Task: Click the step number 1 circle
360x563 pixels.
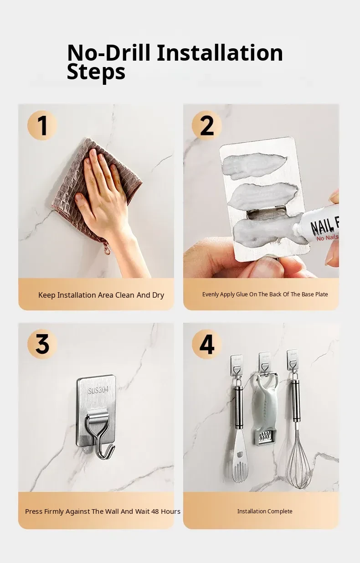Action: click(42, 125)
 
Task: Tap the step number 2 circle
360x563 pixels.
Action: click(207, 125)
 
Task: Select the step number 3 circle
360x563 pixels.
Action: click(42, 344)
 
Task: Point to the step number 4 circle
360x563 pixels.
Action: click(207, 344)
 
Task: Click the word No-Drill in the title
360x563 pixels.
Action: click(109, 53)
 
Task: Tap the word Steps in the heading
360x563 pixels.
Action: click(96, 72)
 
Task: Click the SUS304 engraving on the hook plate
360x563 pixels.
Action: click(98, 390)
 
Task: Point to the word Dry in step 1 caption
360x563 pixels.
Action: click(158, 295)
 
